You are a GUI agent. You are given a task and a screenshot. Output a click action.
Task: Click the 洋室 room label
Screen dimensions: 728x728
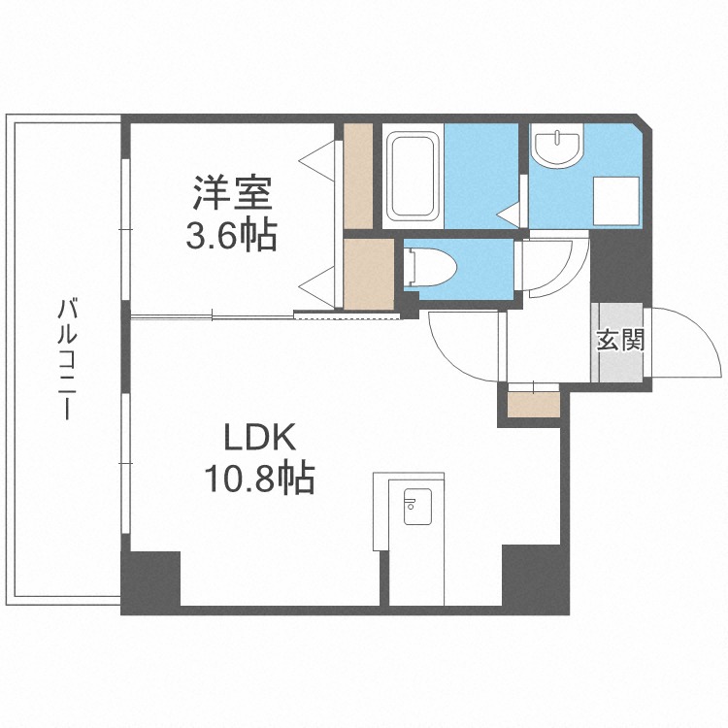coord(232,193)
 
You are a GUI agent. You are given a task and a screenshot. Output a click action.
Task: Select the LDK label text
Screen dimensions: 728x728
coord(259,438)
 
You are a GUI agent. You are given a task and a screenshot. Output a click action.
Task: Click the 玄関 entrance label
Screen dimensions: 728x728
coord(620,340)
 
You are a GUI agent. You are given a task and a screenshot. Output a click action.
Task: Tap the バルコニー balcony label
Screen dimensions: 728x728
coord(67,359)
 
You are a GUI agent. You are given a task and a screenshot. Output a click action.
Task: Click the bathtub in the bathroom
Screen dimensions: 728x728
coord(413,176)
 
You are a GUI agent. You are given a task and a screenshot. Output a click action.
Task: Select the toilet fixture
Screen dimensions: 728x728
coord(430,267)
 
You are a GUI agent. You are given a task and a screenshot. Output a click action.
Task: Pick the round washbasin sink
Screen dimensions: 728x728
coord(556,148)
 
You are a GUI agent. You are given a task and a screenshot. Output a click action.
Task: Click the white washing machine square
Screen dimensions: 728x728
coord(616,201)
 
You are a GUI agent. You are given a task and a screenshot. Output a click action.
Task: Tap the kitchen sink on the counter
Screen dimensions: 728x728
coord(417,507)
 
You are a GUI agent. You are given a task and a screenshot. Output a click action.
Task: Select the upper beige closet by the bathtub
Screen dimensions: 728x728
coord(358,176)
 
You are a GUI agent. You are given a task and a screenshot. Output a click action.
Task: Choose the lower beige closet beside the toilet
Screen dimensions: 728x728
coord(369,274)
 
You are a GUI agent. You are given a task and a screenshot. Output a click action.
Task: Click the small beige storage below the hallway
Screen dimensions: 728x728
coord(534,405)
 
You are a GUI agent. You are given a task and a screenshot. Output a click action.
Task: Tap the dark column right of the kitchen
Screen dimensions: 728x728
coord(535,579)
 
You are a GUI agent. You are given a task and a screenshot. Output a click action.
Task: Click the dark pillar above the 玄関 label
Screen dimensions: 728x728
coord(620,267)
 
